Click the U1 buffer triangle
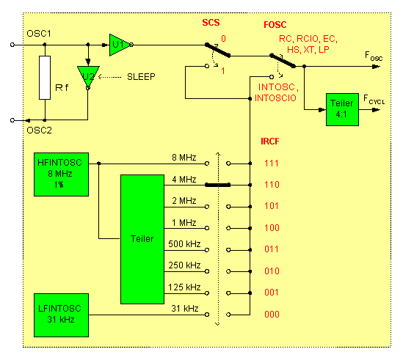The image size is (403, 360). point(118,45)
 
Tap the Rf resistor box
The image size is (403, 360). point(46,87)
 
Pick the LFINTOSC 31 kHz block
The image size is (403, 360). point(61,313)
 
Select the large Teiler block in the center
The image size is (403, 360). point(142,238)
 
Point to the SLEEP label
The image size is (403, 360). point(141,76)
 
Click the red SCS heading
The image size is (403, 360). point(211,23)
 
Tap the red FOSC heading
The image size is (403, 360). point(276,23)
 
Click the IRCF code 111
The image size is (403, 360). point(272,164)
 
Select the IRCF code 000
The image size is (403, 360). point(272,315)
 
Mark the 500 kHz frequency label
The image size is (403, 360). point(184,243)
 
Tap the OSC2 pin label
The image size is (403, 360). point(37,130)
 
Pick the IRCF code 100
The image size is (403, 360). point(272,229)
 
